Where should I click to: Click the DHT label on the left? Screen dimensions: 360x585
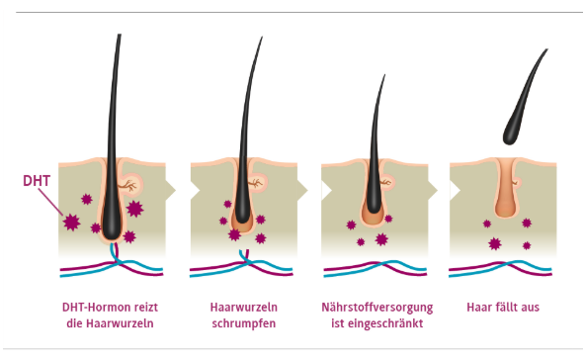(36, 182)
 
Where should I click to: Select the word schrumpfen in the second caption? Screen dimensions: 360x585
(243, 323)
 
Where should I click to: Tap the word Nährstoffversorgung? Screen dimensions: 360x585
(374, 307)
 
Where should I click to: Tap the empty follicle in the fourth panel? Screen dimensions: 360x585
(504, 193)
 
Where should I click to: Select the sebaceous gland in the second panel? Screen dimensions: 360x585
(256, 183)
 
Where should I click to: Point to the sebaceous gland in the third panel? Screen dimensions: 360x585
(387, 182)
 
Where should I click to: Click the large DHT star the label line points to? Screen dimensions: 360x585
(72, 223)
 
